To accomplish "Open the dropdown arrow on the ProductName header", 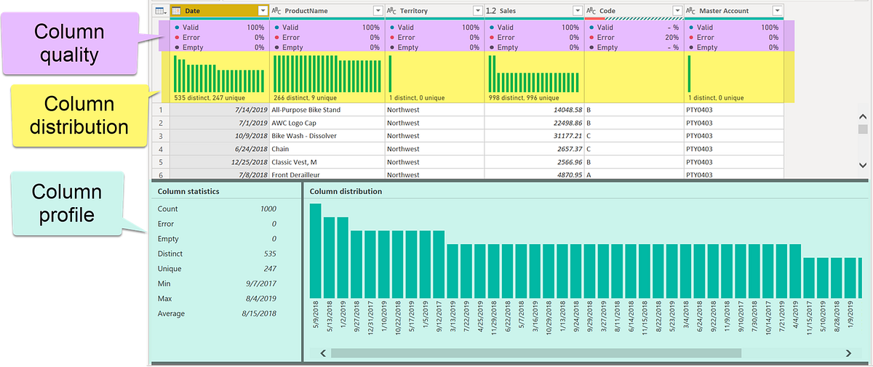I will click(x=378, y=11).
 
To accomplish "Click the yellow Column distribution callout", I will click(x=79, y=115).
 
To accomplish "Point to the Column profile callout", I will click(x=66, y=204).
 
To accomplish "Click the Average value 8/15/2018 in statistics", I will click(x=260, y=314).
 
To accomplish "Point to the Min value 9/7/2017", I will click(x=260, y=284).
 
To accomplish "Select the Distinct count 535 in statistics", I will click(x=269, y=254).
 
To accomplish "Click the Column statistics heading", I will click(x=188, y=192).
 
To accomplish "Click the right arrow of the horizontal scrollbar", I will click(x=848, y=353).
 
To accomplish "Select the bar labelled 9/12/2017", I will click(x=439, y=262).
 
